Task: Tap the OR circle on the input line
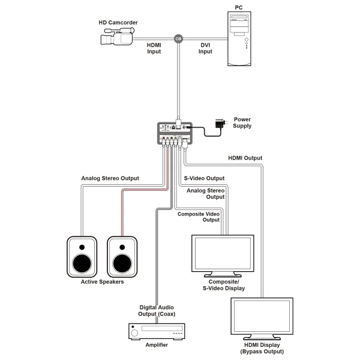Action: click(177, 40)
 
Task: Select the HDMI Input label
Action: click(154, 49)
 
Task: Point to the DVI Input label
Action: click(205, 49)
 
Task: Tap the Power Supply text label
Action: click(243, 122)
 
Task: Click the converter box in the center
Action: click(173, 133)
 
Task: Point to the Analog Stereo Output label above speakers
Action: click(110, 178)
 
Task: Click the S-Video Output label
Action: click(204, 178)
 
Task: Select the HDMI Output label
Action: click(245, 158)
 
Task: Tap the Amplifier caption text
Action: click(156, 346)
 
